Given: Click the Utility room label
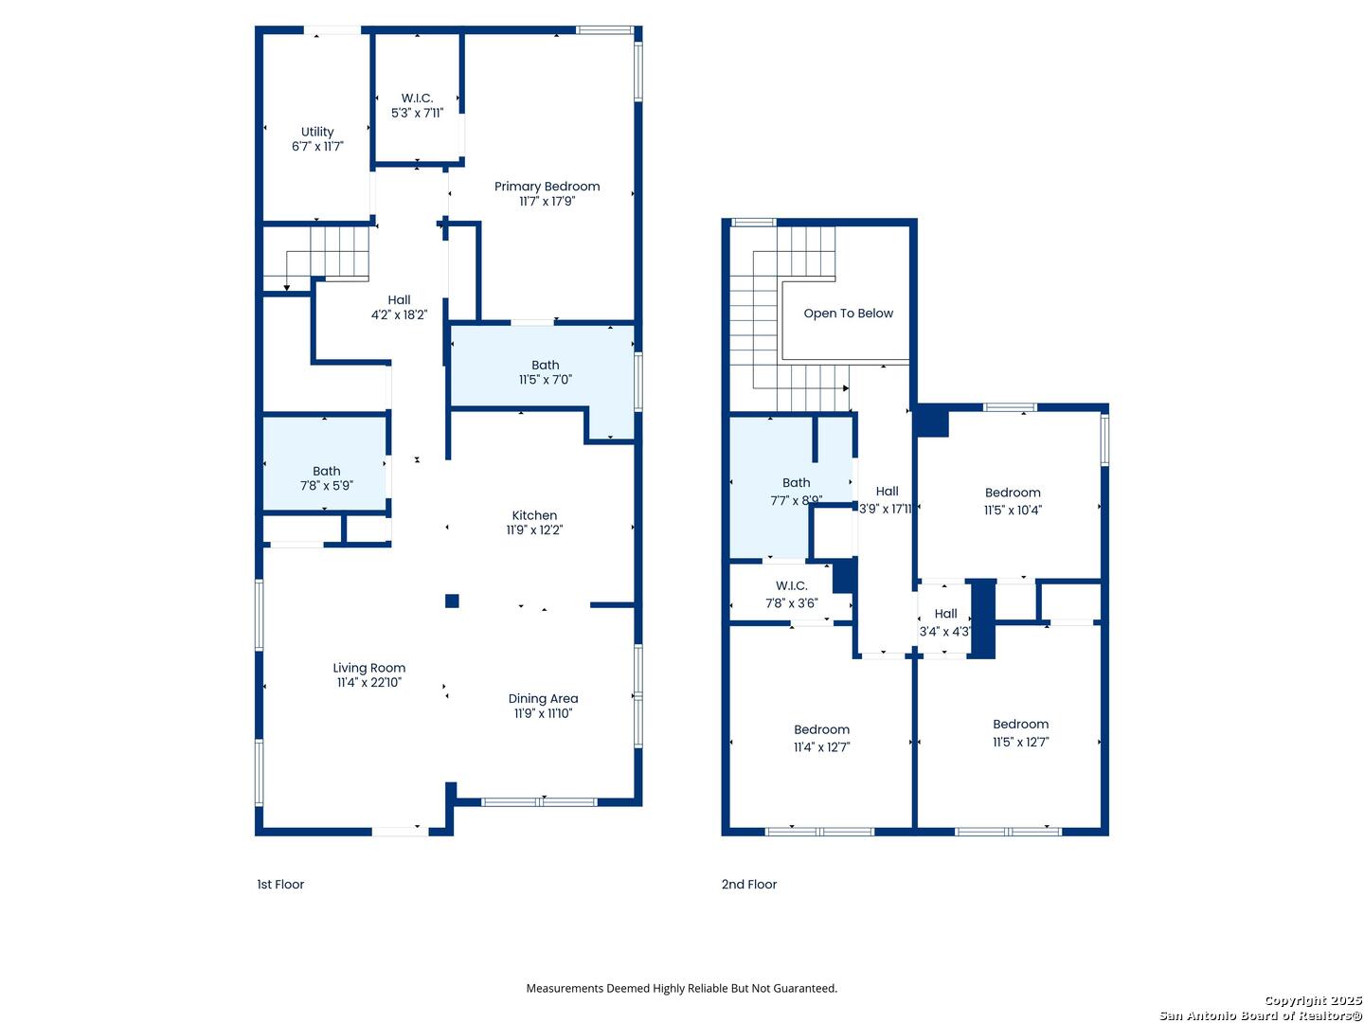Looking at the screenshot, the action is coord(317,132).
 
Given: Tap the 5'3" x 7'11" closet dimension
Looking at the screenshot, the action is coord(417,113).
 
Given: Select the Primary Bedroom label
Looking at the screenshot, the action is coord(547,187).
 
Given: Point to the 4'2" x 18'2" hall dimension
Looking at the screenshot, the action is coord(399,314).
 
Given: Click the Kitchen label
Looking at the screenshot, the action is coord(534,515).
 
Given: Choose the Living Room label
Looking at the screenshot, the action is coord(369,669).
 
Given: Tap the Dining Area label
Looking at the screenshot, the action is coord(543,699).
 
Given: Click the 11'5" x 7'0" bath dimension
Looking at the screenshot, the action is coord(545,380).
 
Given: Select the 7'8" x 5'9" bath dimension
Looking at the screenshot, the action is coord(326,486).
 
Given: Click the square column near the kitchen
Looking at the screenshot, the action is coord(452,601).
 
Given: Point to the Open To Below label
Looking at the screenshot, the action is coord(848,314).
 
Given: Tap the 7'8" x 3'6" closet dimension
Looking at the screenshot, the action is coord(791,603).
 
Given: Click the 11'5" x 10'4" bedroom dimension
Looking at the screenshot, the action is coord(1013,511).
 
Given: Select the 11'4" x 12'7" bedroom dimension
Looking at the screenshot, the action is coord(821,747).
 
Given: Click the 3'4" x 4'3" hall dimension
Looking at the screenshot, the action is coord(944,632).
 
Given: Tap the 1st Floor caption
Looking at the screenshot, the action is coord(280,885).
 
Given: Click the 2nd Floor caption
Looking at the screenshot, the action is coord(749,885).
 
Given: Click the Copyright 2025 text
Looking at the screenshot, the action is coord(1313,1000).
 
